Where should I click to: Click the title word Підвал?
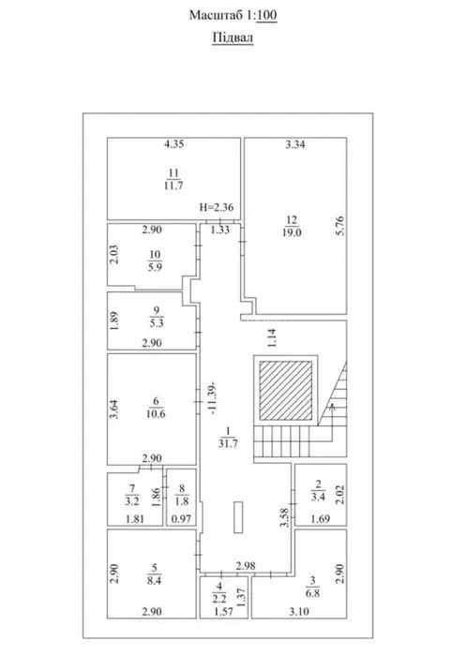(x=233, y=37)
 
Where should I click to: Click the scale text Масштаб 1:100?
(x=233, y=15)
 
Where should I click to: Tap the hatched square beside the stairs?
(x=286, y=391)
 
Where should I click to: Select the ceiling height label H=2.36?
(x=217, y=207)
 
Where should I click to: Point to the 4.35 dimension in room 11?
(x=173, y=144)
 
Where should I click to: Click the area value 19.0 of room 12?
(x=292, y=232)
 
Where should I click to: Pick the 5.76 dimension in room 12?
(x=340, y=226)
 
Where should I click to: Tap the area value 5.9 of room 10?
(x=155, y=267)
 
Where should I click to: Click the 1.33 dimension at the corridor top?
(x=220, y=230)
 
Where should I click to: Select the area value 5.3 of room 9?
(x=157, y=323)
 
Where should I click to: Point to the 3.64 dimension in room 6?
(x=113, y=409)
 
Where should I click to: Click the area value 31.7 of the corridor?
(x=228, y=443)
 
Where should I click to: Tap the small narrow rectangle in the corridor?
(x=238, y=517)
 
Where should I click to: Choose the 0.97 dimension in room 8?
(x=182, y=519)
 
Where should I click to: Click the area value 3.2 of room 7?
(x=131, y=501)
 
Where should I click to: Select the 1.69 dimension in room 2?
(x=321, y=519)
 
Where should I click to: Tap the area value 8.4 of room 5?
(x=155, y=580)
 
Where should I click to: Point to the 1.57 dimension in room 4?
(x=223, y=612)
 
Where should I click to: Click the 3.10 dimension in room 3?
(x=299, y=612)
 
